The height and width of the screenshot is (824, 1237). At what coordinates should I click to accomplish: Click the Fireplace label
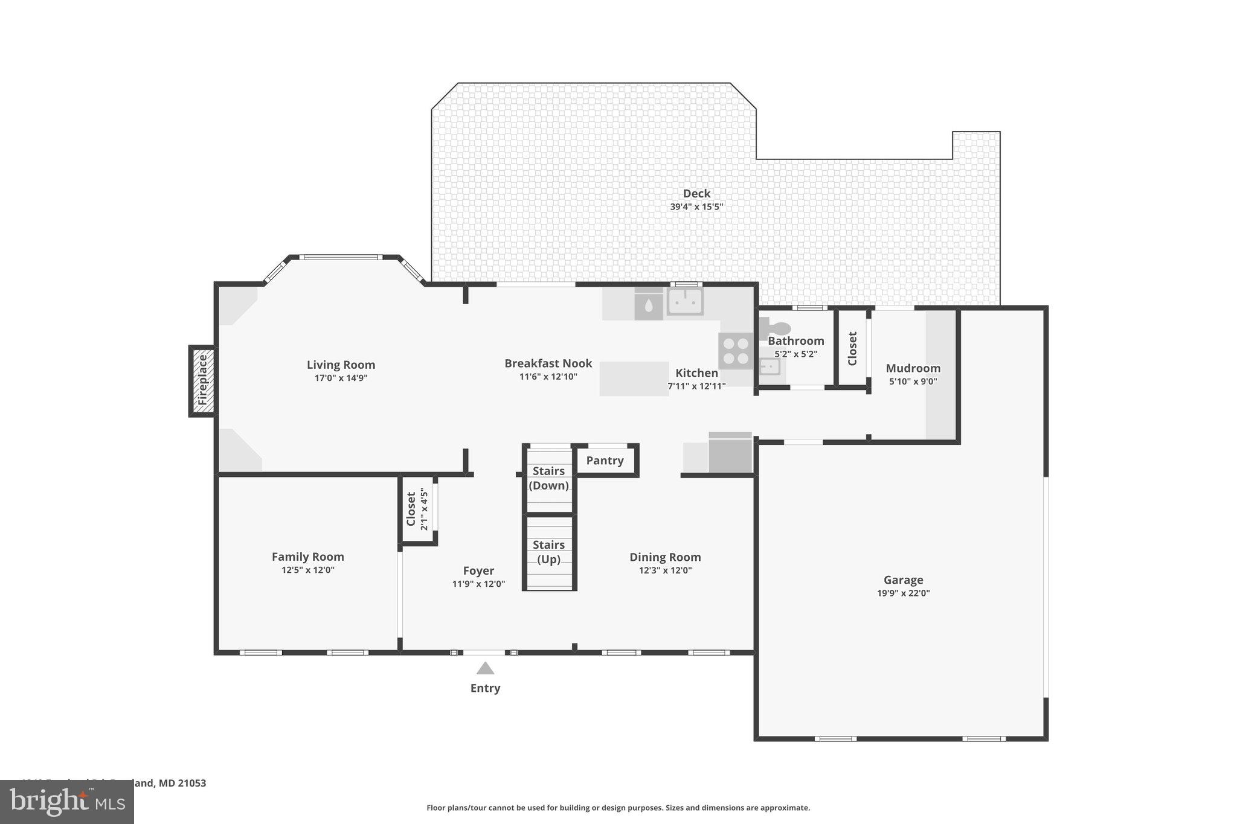click(x=202, y=380)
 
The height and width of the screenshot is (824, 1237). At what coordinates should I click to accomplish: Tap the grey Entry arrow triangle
click(x=485, y=668)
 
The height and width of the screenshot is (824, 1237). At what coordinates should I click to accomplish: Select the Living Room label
click(x=341, y=365)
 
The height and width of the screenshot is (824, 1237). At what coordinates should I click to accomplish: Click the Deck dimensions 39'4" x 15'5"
click(x=696, y=206)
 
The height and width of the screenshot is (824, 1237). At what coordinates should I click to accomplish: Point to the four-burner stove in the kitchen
click(x=735, y=351)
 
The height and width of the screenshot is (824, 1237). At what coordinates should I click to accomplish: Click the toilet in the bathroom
click(x=777, y=328)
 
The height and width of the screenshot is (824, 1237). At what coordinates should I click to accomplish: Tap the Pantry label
click(x=605, y=461)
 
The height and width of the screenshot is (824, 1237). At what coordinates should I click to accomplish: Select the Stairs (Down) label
click(x=548, y=478)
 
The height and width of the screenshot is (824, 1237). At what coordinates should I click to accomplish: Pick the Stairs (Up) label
click(x=548, y=552)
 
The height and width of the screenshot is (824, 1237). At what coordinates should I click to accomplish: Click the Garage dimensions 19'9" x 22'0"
click(x=903, y=593)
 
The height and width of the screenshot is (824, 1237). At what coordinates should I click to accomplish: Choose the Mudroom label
click(x=913, y=368)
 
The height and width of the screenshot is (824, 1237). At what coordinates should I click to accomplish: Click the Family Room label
click(x=307, y=557)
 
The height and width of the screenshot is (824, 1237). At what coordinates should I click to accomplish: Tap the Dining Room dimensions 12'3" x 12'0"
click(x=665, y=570)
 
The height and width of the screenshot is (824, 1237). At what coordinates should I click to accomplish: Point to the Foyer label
click(x=478, y=570)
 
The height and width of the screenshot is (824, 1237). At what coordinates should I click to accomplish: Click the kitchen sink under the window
click(x=685, y=301)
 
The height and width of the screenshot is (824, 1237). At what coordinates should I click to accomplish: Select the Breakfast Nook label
click(x=548, y=363)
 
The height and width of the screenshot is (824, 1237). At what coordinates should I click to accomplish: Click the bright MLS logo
click(x=66, y=802)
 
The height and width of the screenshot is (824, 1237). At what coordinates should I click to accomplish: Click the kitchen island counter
click(x=634, y=378)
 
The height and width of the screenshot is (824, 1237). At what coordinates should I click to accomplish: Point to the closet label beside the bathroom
click(x=852, y=348)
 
